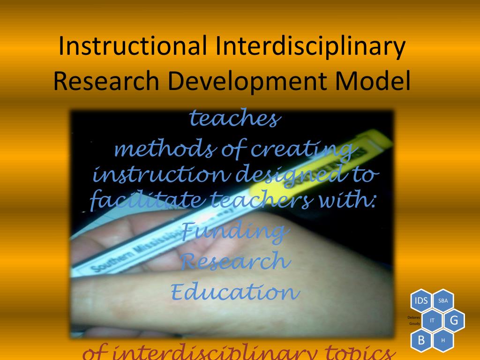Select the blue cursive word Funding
click(x=233, y=231)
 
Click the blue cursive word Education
click(x=234, y=292)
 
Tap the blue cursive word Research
click(x=233, y=261)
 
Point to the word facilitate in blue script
click(x=145, y=202)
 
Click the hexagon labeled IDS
click(x=421, y=300)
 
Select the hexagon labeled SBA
click(x=443, y=300)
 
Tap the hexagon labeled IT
click(x=432, y=320)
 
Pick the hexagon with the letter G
click(x=454, y=320)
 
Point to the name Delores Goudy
click(x=414, y=320)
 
